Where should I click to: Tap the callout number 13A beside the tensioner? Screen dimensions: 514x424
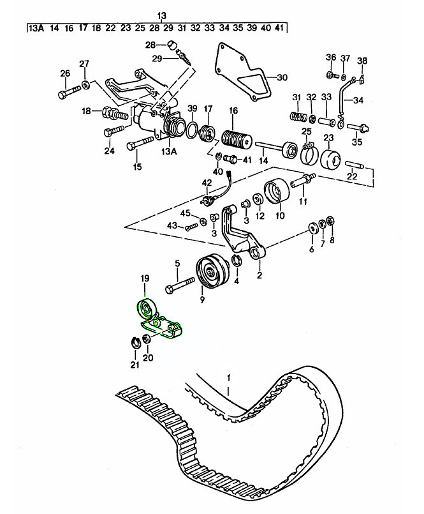point(168,151)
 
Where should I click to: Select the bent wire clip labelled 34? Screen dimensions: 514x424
point(346,96)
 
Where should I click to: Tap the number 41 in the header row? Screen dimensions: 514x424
point(280,28)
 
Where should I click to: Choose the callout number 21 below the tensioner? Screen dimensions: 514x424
point(135,365)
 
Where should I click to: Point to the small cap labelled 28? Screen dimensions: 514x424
point(172,44)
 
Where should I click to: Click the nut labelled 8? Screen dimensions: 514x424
point(330,222)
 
